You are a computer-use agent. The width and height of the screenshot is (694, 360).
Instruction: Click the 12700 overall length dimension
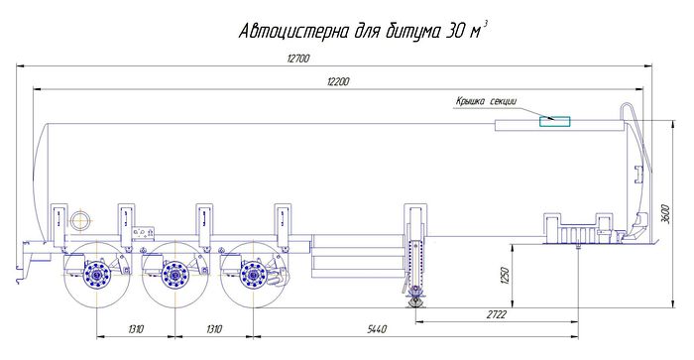(x=298, y=59)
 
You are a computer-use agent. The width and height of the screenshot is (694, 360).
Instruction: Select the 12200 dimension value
(x=338, y=81)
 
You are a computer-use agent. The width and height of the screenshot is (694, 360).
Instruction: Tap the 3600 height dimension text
(x=667, y=213)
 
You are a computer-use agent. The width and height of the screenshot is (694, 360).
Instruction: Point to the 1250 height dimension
(x=507, y=276)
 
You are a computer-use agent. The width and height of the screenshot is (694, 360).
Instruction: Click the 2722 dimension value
(x=496, y=314)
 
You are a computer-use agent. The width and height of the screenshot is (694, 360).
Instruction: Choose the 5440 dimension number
(x=377, y=329)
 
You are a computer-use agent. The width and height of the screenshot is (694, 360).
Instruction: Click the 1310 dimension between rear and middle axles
(x=136, y=329)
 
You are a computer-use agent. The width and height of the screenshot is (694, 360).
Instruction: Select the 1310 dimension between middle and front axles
(x=214, y=329)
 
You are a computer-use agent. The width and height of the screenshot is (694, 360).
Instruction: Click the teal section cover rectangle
(x=554, y=121)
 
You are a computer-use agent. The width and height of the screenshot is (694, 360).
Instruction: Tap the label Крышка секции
(x=486, y=101)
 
